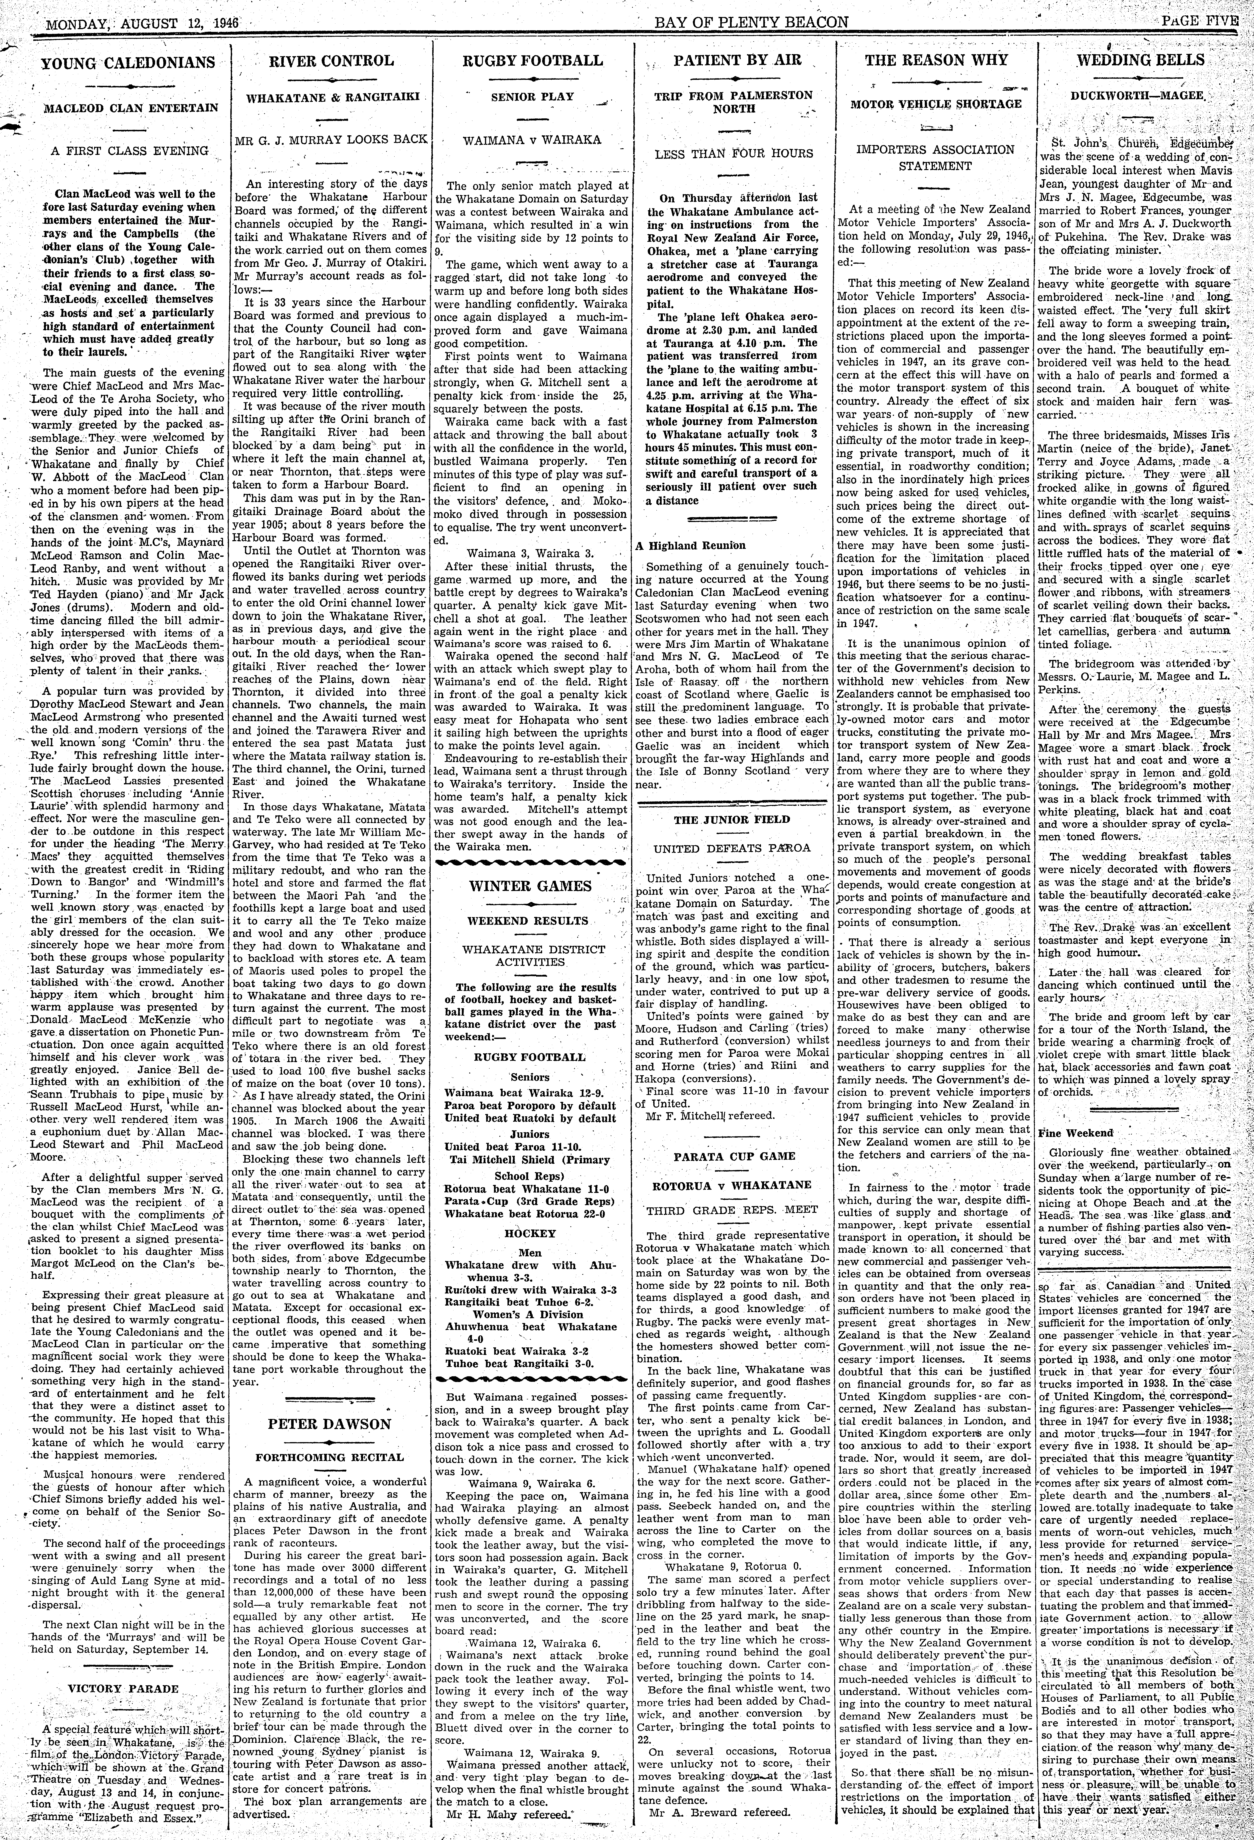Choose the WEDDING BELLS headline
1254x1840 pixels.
(x=1140, y=59)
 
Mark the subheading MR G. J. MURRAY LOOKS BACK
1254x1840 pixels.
(x=331, y=139)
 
